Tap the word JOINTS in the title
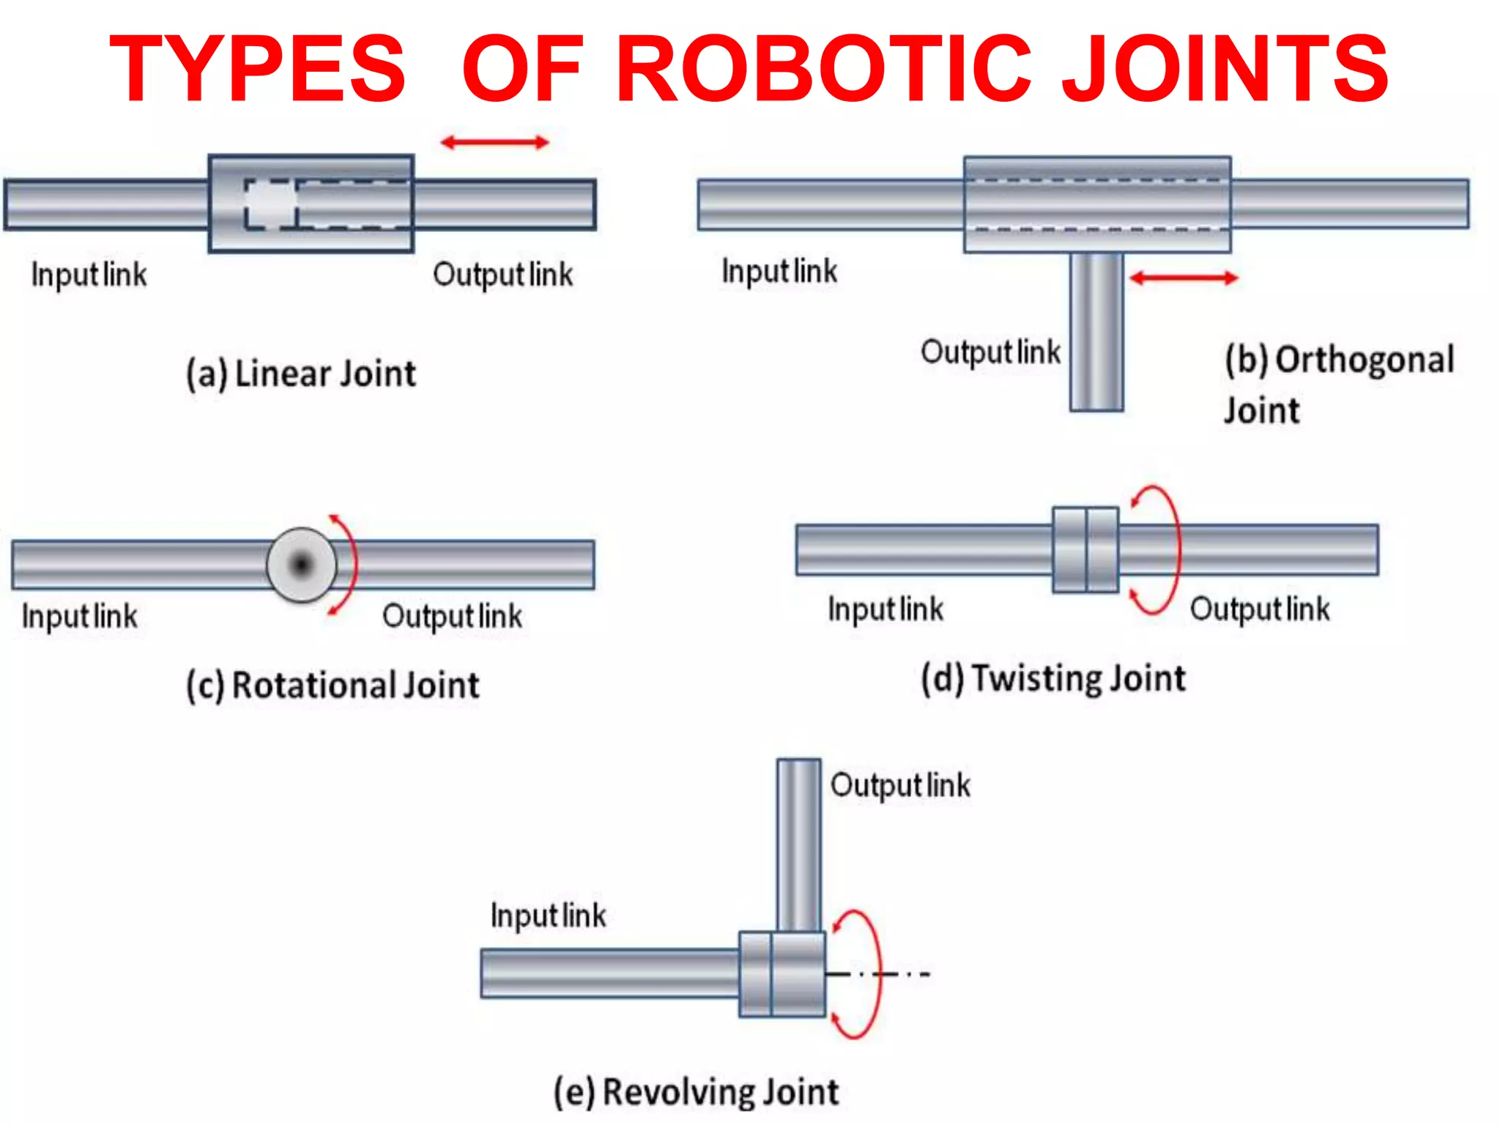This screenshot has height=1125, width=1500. (1225, 70)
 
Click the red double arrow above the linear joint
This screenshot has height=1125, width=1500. (495, 142)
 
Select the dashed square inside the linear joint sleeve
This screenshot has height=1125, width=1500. (271, 204)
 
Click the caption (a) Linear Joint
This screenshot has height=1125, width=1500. (301, 374)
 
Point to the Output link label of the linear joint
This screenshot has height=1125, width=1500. (502, 275)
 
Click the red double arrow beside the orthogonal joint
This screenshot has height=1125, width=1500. (1184, 278)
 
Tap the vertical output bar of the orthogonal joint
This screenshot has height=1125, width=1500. (1096, 333)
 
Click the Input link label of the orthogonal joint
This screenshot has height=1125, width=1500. (779, 271)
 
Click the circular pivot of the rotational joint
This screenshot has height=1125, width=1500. (301, 565)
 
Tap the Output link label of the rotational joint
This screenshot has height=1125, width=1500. (452, 616)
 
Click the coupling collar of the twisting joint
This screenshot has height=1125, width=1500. (1085, 549)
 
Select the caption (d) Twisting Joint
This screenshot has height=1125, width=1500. (1053, 677)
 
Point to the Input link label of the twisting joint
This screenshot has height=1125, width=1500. (885, 609)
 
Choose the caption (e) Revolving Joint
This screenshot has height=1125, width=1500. (696, 1091)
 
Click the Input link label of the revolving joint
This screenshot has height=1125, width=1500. (548, 916)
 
